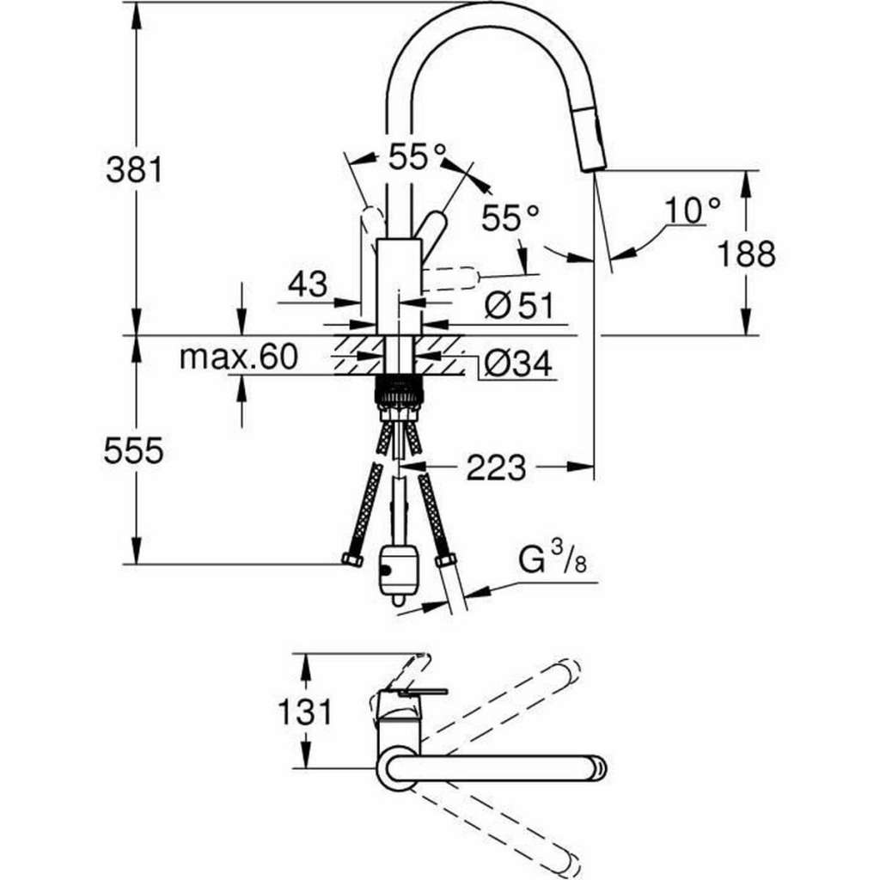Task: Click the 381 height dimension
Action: click(x=134, y=169)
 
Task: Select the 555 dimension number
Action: click(x=133, y=450)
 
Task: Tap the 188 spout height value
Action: click(x=747, y=254)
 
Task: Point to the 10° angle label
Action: click(x=692, y=211)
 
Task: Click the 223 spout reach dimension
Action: click(x=496, y=467)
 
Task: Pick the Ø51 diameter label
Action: click(x=519, y=306)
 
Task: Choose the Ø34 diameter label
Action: click(x=518, y=364)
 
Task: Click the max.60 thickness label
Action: click(x=239, y=357)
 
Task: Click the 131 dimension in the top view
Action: click(x=305, y=712)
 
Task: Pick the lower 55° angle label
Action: click(x=510, y=217)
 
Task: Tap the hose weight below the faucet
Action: click(x=398, y=573)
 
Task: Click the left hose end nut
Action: click(x=352, y=559)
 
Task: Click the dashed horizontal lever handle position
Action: click(x=450, y=279)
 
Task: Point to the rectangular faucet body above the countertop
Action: click(x=399, y=286)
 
